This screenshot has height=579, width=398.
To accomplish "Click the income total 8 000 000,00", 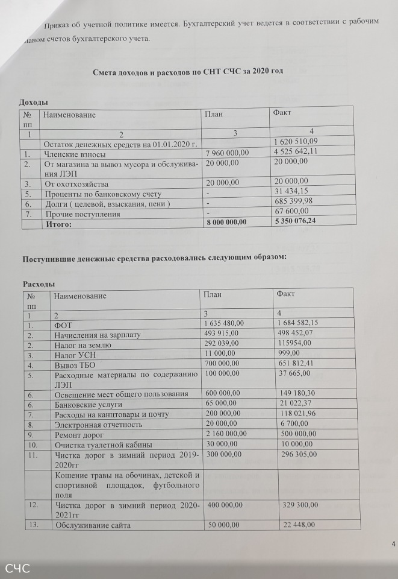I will [x=226, y=222].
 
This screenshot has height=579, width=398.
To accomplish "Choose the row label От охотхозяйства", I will [x=76, y=183].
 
